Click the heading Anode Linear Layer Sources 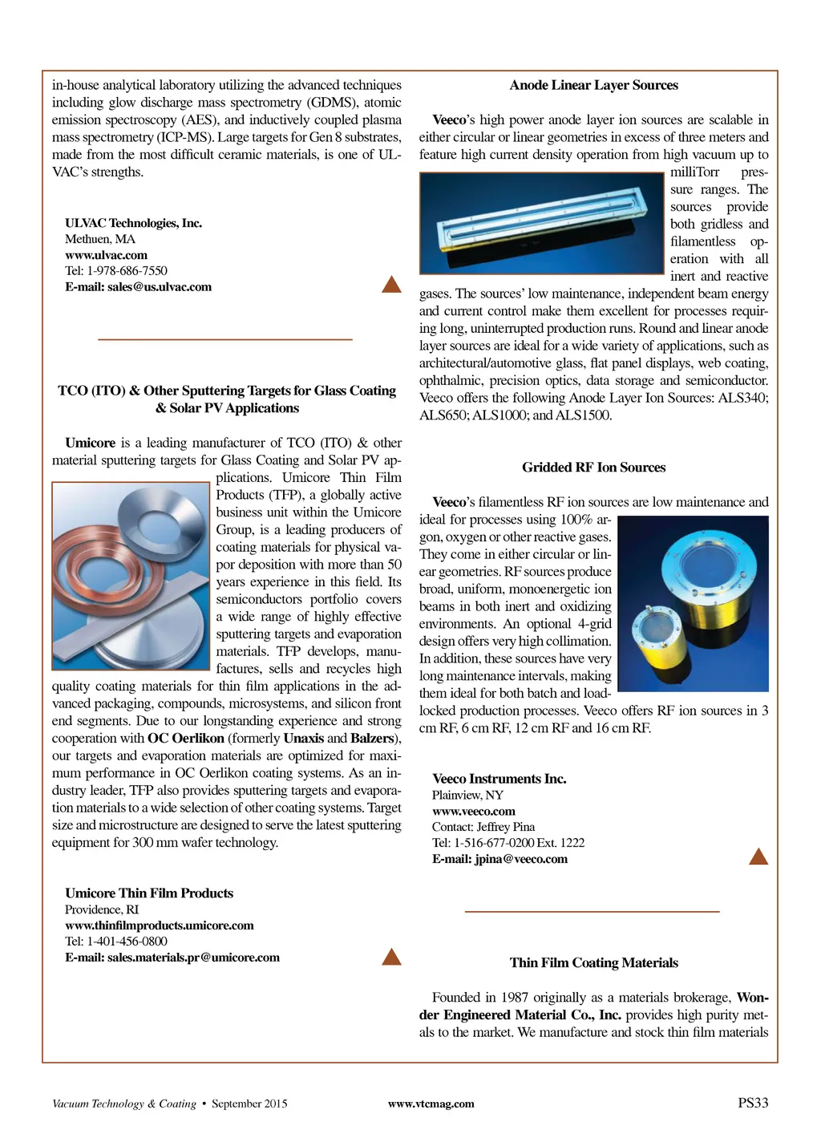click(593, 85)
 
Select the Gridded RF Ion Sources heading click(593, 468)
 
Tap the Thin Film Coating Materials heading click(593, 963)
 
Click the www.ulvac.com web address click(106, 255)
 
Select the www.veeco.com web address click(473, 811)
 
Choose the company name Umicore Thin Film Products click(149, 893)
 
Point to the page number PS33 click(753, 1103)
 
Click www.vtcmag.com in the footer click(431, 1104)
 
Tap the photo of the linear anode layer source click(544, 223)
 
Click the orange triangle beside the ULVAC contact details click(391, 284)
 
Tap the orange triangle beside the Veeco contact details click(758, 857)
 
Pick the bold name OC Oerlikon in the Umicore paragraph click(185, 739)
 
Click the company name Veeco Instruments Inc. click(499, 779)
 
